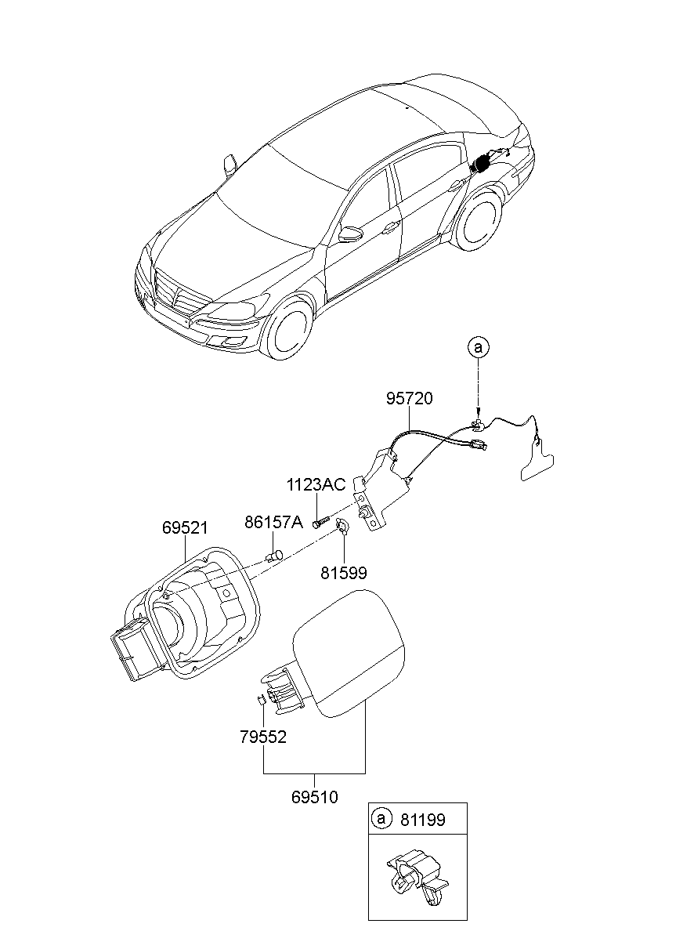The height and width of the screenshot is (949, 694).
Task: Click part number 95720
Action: pyautogui.click(x=408, y=399)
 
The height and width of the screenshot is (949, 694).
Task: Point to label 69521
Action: pyautogui.click(x=185, y=528)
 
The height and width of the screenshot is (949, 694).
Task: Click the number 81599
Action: pyautogui.click(x=343, y=573)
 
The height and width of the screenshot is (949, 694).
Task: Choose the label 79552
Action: pyautogui.click(x=263, y=737)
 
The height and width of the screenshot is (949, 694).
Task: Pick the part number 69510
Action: pyautogui.click(x=314, y=797)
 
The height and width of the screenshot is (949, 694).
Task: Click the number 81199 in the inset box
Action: pyautogui.click(x=422, y=820)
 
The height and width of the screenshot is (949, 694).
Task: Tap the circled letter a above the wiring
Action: pyautogui.click(x=477, y=346)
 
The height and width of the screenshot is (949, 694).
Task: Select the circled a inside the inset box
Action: pyautogui.click(x=382, y=820)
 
